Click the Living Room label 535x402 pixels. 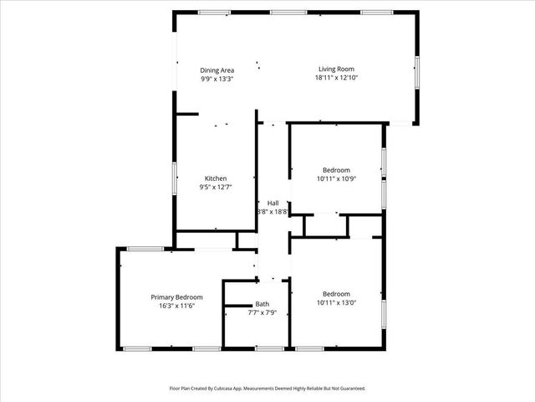coord(337,70)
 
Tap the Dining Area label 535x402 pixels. coord(217,70)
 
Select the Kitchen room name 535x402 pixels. coord(216,178)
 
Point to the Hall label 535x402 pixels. coord(273,203)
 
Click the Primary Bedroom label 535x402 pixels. coord(176,297)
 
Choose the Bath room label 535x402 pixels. coord(262,304)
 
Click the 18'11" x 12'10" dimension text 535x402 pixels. coord(337,78)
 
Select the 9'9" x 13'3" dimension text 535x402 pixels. coord(217,79)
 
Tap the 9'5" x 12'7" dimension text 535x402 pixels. coord(216,188)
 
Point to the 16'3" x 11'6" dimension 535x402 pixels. coord(176,307)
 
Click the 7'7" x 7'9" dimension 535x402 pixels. coord(262,313)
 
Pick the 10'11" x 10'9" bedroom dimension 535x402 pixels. coord(336,178)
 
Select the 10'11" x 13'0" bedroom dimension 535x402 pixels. coord(336,303)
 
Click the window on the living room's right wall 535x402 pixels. coord(417,70)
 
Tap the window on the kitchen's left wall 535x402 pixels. coord(175,178)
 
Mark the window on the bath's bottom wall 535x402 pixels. coord(268,348)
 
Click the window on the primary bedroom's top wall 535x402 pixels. coord(145,248)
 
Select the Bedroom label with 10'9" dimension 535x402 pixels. coord(336,169)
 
